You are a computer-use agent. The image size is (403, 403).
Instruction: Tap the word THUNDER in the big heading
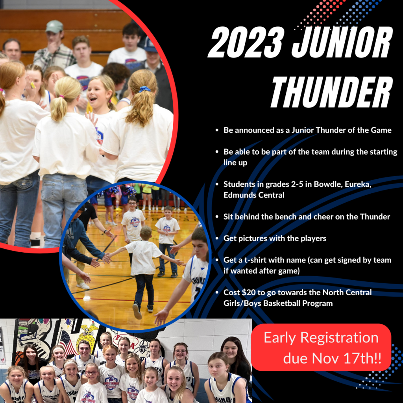(x=332, y=92)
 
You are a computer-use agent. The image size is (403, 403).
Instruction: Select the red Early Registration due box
(x=321, y=347)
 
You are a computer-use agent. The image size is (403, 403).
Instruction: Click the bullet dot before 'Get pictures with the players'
(x=217, y=238)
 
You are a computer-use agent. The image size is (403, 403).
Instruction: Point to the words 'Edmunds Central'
(x=254, y=195)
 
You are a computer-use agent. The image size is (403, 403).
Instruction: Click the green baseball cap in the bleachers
(x=54, y=26)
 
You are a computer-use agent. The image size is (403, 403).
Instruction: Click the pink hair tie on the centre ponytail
(x=61, y=97)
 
